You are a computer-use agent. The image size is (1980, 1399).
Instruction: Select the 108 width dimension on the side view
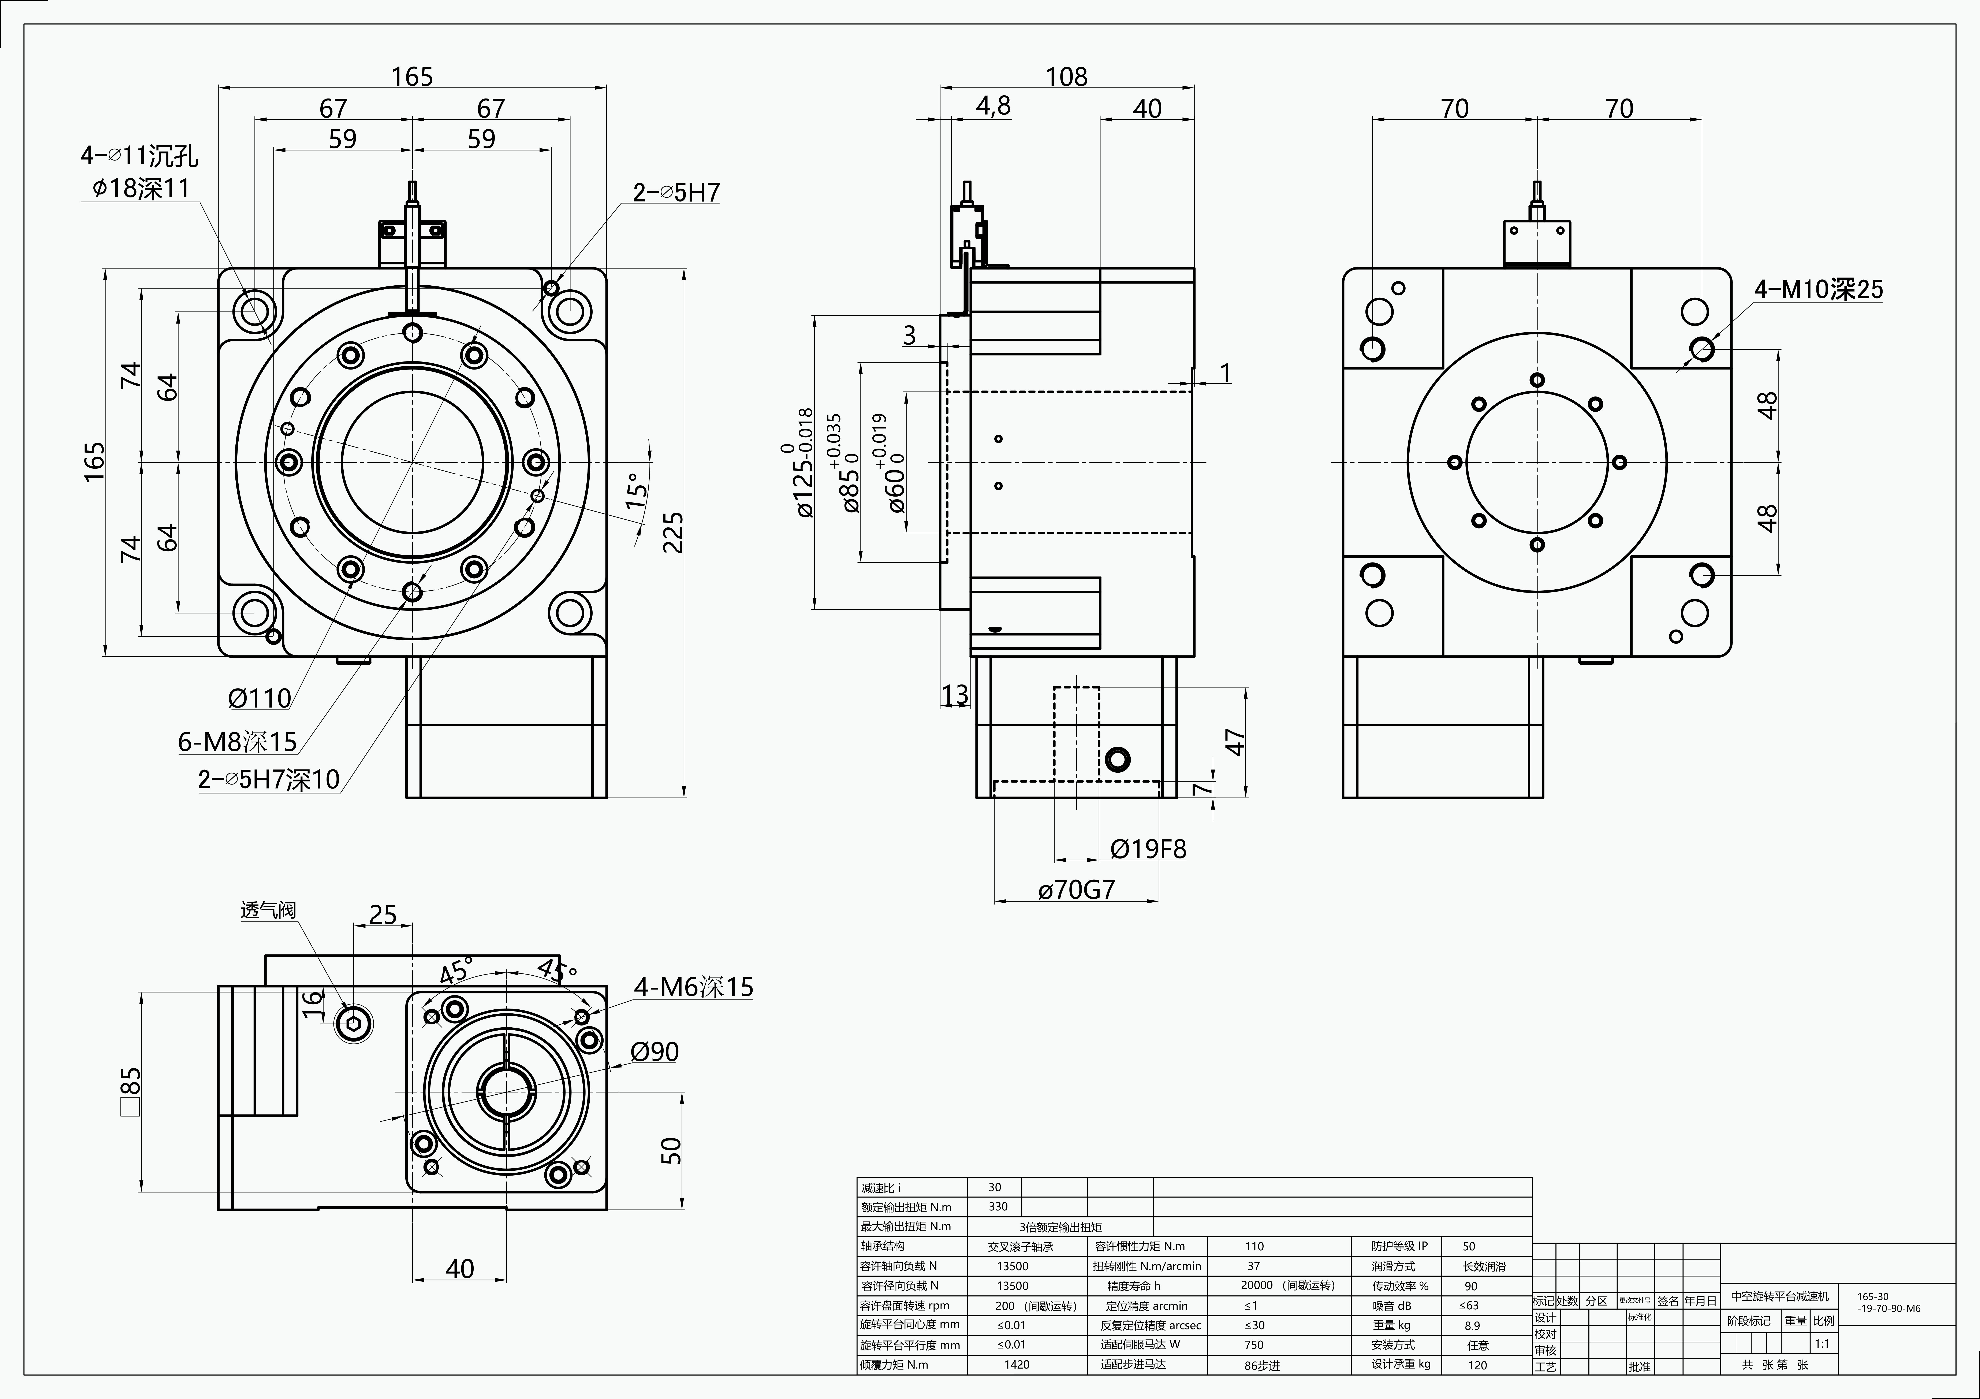pyautogui.click(x=1067, y=77)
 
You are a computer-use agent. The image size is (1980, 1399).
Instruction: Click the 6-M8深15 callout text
pyautogui.click(x=237, y=741)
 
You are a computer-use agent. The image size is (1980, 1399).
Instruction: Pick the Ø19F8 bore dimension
pyautogui.click(x=1148, y=850)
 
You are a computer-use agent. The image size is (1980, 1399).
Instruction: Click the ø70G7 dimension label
pyautogui.click(x=1076, y=889)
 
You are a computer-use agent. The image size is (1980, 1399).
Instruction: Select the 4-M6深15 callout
pyautogui.click(x=693, y=987)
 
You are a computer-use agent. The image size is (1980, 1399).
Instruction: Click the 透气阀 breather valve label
pyautogui.click(x=268, y=910)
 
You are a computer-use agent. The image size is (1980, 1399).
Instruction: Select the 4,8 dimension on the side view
pyautogui.click(x=993, y=106)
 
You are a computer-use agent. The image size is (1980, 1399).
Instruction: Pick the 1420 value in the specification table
pyautogui.click(x=1017, y=1365)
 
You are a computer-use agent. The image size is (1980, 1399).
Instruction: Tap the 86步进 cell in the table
pyautogui.click(x=1262, y=1365)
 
